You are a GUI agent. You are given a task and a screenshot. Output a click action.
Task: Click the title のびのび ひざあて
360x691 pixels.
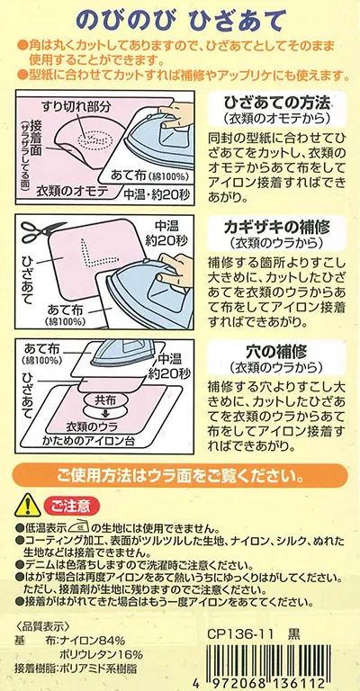pyautogui.click(x=181, y=20)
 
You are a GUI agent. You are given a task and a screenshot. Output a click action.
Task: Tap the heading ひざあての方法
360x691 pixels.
pyautogui.click(x=276, y=104)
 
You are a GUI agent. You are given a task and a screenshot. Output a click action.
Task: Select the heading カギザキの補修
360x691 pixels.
pyautogui.click(x=276, y=228)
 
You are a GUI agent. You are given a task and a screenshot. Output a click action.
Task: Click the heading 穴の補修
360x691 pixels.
pyautogui.click(x=276, y=351)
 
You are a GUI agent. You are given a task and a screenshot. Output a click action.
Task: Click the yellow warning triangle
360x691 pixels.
pyautogui.click(x=27, y=506)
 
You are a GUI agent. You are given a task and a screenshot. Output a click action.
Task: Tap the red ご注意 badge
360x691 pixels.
pyautogui.click(x=72, y=507)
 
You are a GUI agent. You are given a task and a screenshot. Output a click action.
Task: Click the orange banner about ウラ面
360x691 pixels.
pyautogui.click(x=180, y=476)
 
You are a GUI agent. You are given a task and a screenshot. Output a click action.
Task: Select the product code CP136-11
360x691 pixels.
pyautogui.click(x=240, y=635)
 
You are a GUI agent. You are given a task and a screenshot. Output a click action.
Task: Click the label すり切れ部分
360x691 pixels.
pyautogui.click(x=76, y=106)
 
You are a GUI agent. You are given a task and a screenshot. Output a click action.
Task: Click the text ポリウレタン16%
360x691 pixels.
pyautogui.click(x=102, y=654)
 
